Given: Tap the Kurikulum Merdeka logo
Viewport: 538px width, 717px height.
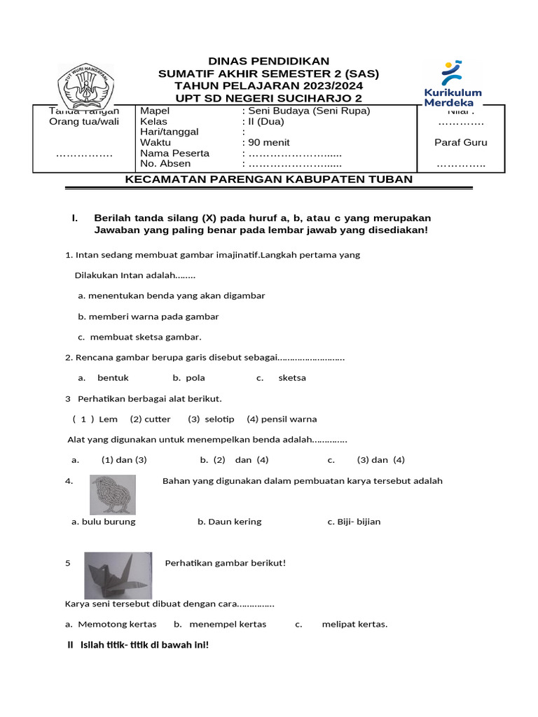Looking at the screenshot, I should coord(453,83).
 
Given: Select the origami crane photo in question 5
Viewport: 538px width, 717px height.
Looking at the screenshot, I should coord(118,574).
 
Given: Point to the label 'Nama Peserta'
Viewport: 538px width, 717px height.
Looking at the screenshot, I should coord(174,153).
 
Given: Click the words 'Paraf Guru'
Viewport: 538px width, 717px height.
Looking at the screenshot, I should coord(460,142).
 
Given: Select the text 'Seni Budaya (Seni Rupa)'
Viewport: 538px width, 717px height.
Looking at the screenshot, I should coord(309,111).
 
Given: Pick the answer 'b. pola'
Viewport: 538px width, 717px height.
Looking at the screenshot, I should coord(189,378).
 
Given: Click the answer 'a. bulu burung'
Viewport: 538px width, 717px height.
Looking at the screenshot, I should coord(104,522).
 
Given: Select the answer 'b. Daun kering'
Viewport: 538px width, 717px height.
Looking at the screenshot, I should coord(229,522).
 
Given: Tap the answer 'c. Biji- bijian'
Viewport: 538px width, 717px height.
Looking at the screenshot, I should coord(354,522).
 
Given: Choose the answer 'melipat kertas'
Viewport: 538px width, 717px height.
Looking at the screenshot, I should coord(354,624).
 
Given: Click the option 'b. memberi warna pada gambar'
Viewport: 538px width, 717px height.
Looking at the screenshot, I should coord(149,316).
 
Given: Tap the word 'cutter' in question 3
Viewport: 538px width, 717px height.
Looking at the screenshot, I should coord(158,419).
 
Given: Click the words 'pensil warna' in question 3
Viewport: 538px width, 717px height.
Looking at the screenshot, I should coord(289,419).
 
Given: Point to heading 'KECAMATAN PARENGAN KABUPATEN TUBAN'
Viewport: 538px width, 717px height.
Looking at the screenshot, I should coord(268,179).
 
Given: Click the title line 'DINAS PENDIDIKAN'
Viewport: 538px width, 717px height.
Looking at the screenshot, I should coord(269,62).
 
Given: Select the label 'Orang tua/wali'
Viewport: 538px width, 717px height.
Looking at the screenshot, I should coord(84,122).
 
